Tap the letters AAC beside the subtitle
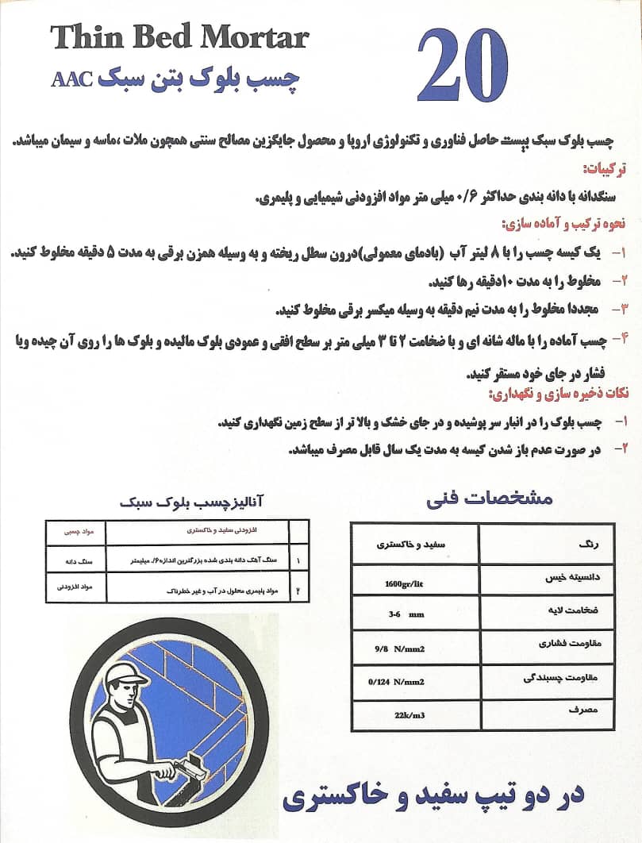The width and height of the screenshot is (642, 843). [x=72, y=79]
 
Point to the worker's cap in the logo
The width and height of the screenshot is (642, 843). [x=126, y=676]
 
